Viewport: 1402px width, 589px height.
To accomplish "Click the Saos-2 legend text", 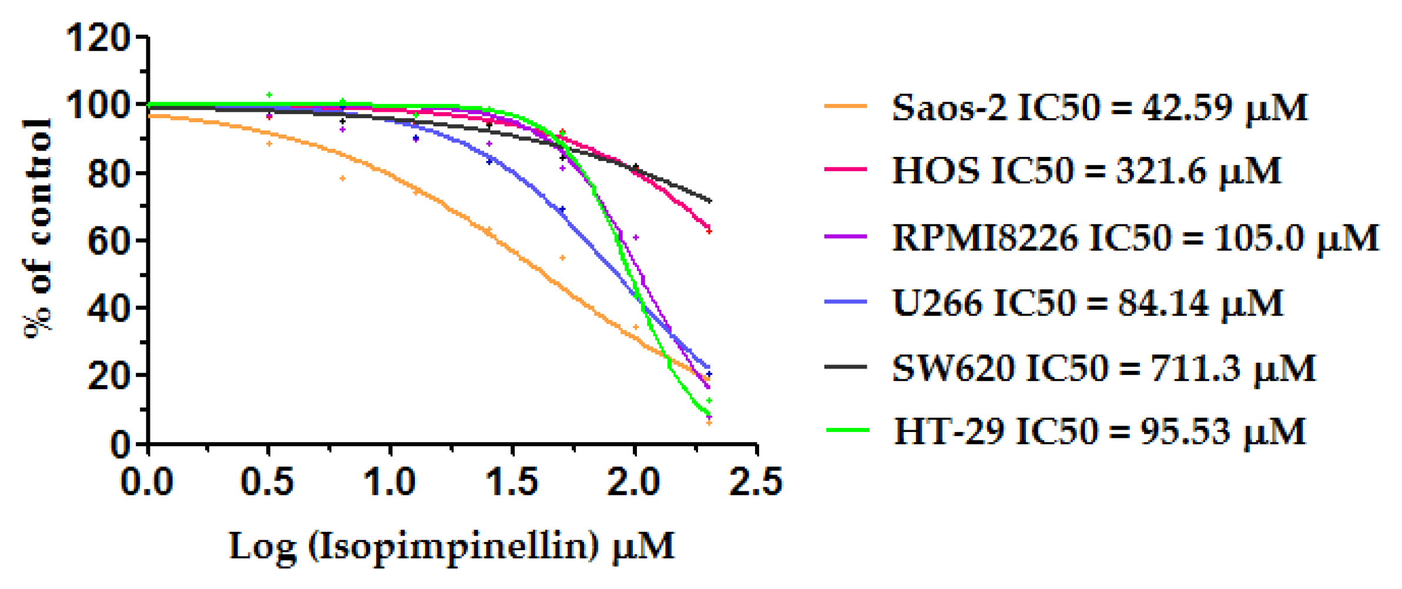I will coord(1099,108).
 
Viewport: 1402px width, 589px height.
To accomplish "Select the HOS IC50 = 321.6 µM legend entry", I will coord(1086,171).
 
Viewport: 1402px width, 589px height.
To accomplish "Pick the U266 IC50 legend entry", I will coord(1087,303).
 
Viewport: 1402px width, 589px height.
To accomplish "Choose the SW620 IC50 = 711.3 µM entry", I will coord(1104,369).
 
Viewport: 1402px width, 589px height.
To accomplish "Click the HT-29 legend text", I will coord(1099,431).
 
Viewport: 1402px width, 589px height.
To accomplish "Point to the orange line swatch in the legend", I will coord(846,106).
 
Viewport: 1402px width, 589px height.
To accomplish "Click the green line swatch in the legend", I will coord(847,430).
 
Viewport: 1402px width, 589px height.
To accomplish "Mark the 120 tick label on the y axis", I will coord(98,39).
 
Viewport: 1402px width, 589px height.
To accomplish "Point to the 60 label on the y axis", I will coord(108,241).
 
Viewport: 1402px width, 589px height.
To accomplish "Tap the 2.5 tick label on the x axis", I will coord(756,482).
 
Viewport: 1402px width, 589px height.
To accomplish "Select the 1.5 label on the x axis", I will coord(512,482).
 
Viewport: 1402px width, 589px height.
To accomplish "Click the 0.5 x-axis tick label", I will coord(267,482).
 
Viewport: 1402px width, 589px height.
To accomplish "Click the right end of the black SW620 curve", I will coord(710,201).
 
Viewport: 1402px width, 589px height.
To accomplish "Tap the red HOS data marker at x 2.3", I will coord(709,231).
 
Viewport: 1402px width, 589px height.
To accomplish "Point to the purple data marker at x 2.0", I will coord(636,237).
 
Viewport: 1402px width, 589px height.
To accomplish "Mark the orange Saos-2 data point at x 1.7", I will coord(562,258).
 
